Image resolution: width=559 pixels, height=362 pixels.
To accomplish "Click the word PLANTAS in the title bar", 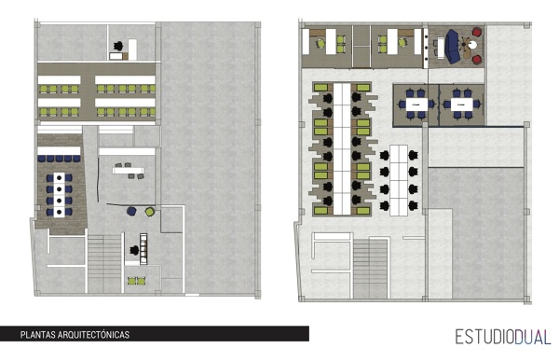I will (x=37, y=334).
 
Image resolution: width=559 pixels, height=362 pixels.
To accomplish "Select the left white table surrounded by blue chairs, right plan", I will (x=414, y=104).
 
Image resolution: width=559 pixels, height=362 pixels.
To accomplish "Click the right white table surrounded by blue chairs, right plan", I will (x=460, y=104).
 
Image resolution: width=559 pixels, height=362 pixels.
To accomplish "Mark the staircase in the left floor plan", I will (x=104, y=258).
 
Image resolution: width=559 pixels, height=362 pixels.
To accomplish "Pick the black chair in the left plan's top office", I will (x=118, y=43).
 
